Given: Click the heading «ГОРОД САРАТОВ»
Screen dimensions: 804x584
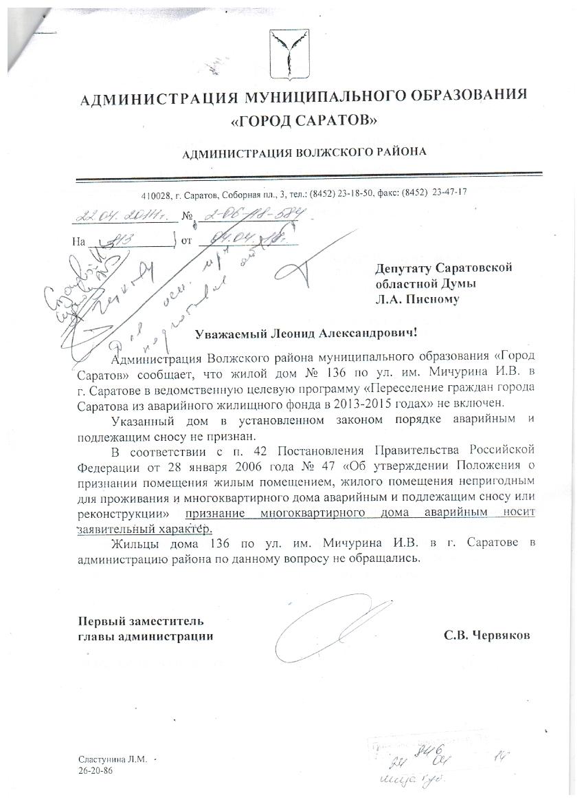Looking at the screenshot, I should pyautogui.click(x=304, y=121).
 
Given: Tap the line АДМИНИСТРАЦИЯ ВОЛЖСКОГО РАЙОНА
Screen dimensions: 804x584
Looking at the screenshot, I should pyautogui.click(x=304, y=152).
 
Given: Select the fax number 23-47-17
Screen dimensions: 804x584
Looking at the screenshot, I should pyautogui.click(x=449, y=193).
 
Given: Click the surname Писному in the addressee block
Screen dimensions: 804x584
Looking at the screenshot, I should pyautogui.click(x=424, y=299).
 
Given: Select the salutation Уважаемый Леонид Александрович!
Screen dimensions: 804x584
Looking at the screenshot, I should pyautogui.click(x=306, y=333).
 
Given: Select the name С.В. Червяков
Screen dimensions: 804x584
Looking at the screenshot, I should pyautogui.click(x=487, y=636).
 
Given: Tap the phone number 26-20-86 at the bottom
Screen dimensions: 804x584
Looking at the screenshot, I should pyautogui.click(x=96, y=772).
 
